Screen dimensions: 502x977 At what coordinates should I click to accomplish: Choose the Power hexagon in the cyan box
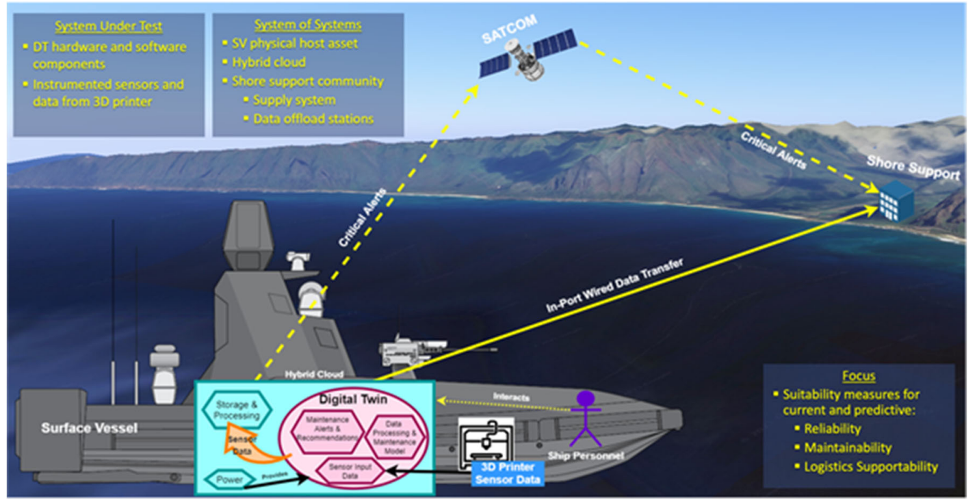click(x=230, y=479)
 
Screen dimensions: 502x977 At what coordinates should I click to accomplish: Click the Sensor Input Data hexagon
click(x=350, y=471)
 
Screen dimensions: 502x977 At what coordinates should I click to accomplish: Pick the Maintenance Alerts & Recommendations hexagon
click(x=326, y=428)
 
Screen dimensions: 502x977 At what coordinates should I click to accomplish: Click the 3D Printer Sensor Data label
click(x=507, y=473)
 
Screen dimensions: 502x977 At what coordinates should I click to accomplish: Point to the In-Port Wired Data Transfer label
click(x=616, y=285)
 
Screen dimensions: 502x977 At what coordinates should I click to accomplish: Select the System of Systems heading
click(x=307, y=25)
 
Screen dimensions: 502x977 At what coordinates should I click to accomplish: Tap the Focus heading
click(x=859, y=376)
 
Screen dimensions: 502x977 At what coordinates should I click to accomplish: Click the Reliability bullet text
click(x=831, y=429)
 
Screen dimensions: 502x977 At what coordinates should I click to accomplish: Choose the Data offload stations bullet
click(x=313, y=118)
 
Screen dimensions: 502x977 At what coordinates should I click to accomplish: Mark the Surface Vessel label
click(x=89, y=428)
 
